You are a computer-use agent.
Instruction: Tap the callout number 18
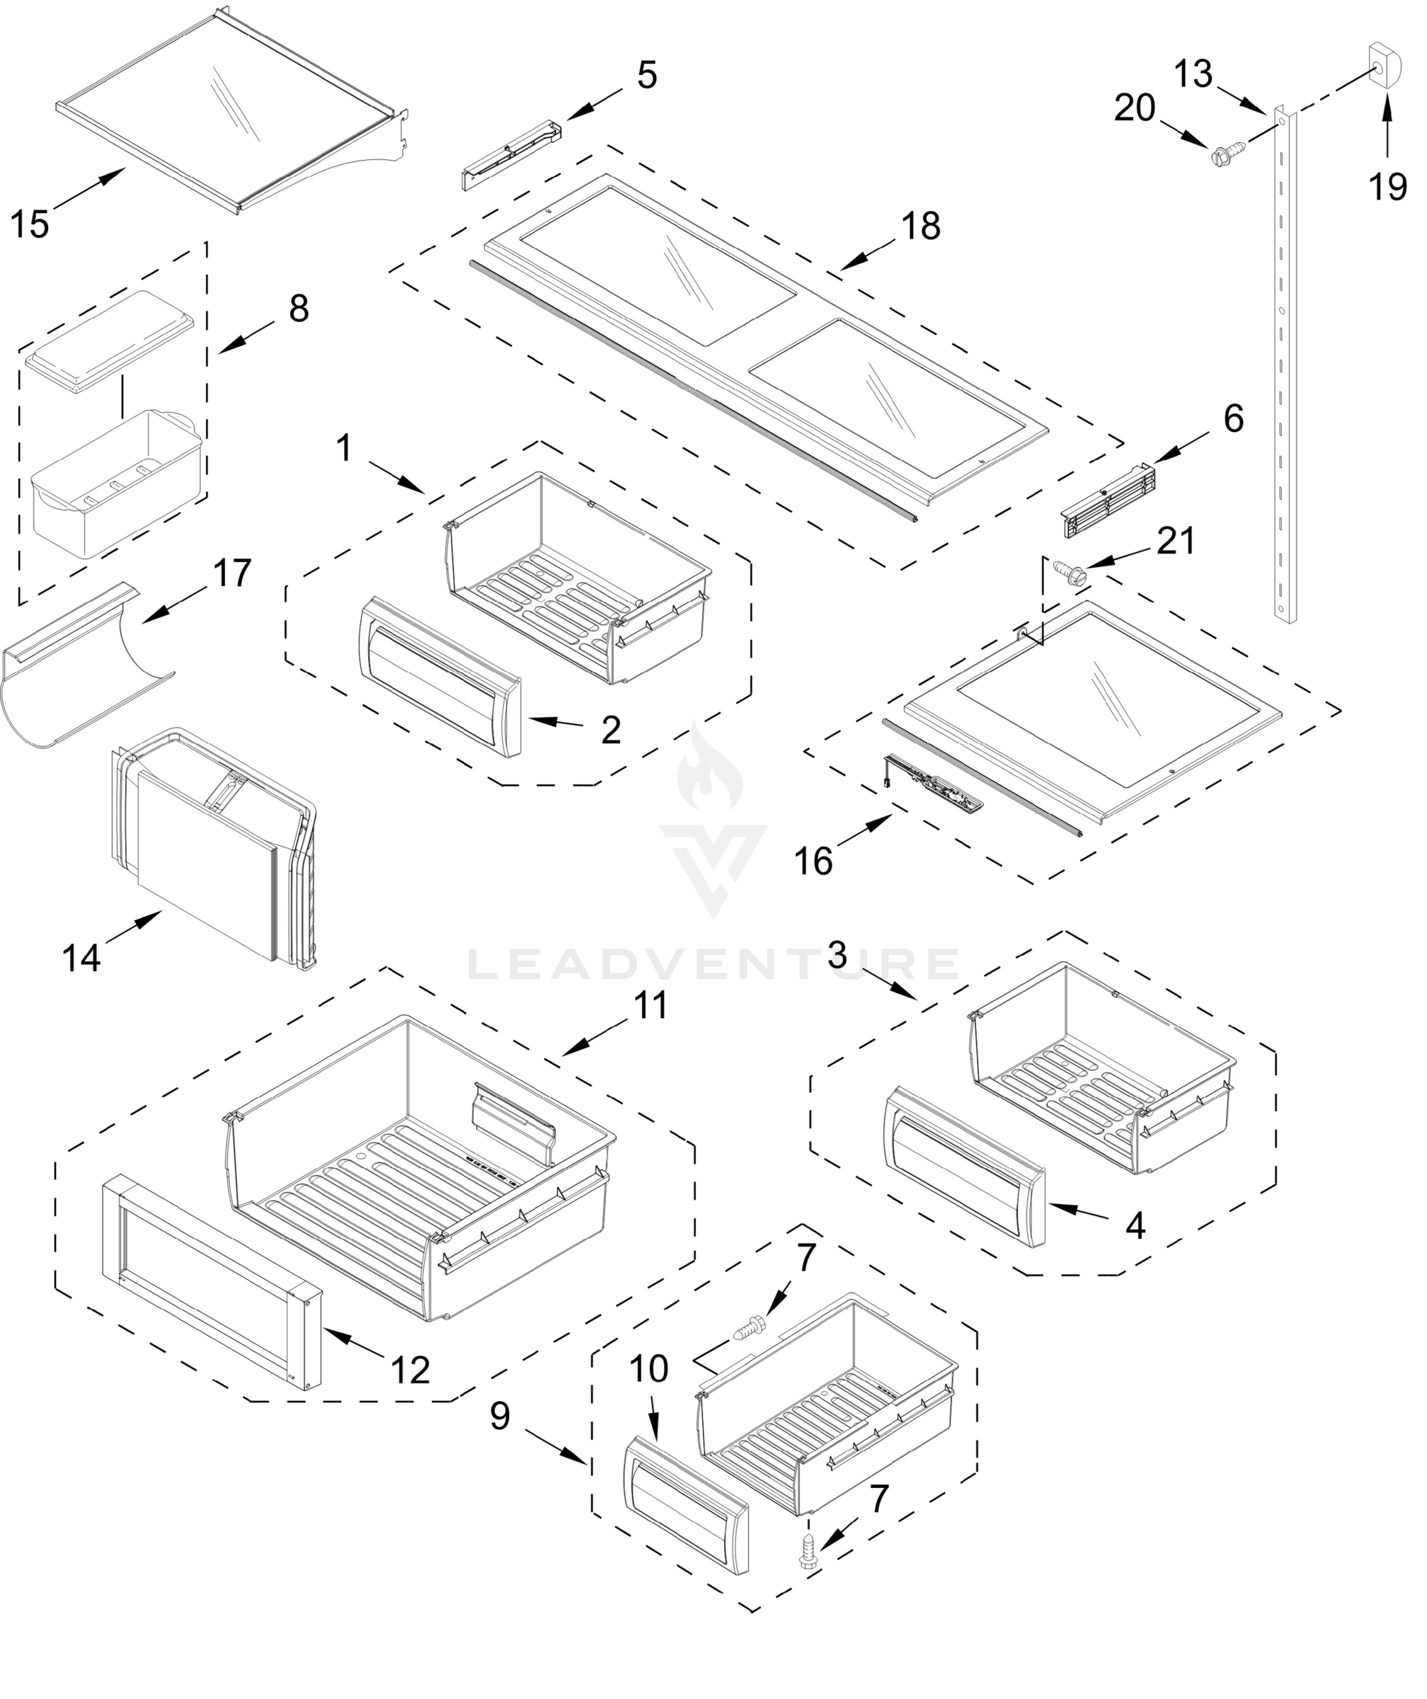(x=921, y=226)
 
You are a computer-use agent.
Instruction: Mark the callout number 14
(x=81, y=958)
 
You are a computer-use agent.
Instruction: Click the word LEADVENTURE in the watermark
(x=713, y=963)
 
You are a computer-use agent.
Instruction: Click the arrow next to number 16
(x=867, y=831)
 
